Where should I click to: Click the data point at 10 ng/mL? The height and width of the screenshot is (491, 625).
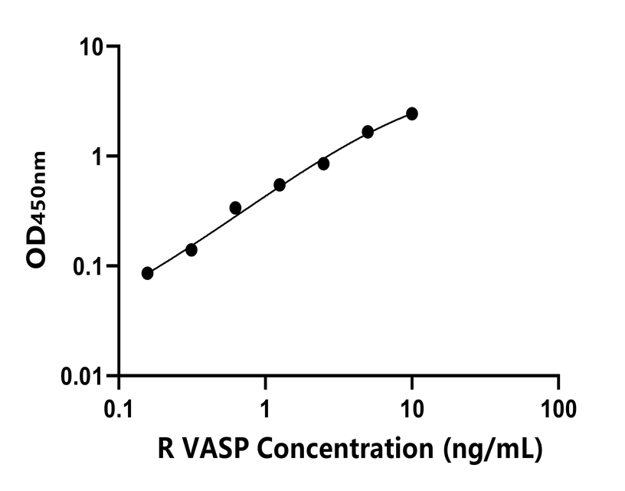click(x=412, y=114)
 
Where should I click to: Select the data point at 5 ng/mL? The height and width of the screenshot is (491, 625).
click(x=368, y=132)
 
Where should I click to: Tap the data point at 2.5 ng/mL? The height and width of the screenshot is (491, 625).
click(x=323, y=163)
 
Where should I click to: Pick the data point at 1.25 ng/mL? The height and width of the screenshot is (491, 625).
click(x=280, y=185)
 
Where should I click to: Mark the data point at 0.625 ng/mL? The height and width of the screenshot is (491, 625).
click(x=235, y=208)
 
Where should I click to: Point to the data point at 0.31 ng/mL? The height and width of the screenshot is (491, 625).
click(x=191, y=249)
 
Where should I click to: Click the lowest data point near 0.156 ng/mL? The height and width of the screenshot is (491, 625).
click(x=147, y=273)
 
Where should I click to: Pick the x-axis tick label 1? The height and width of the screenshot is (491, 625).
click(x=266, y=407)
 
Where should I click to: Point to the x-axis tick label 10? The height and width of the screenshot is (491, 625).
click(x=412, y=407)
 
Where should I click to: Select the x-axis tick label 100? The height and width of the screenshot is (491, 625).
click(x=558, y=407)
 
